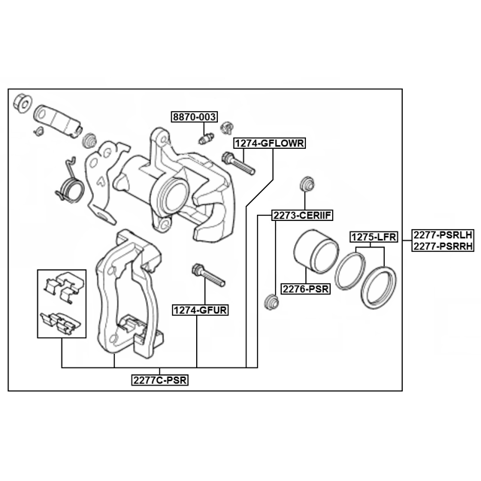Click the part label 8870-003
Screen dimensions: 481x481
[x=194, y=117]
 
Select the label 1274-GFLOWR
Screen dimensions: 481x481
[x=270, y=144]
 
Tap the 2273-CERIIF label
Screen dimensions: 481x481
[x=302, y=216]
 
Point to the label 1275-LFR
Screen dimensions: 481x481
[x=374, y=237]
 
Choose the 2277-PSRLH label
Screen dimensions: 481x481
[x=443, y=235]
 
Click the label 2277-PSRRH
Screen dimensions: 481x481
[x=443, y=246]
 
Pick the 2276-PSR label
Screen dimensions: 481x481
[x=306, y=289]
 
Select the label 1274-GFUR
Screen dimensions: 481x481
[x=201, y=310]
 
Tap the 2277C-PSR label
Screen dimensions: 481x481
[x=160, y=380]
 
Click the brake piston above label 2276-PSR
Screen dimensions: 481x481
[x=316, y=251]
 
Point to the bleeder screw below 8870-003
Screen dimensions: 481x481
[x=206, y=138]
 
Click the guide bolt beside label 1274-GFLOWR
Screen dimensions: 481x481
[x=238, y=164]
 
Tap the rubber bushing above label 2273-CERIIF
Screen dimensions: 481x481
[x=307, y=183]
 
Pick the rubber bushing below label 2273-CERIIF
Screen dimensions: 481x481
[x=271, y=302]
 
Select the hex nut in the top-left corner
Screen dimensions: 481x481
[x=23, y=103]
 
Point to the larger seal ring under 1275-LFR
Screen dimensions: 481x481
[x=378, y=288]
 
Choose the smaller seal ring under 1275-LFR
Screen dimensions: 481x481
[x=350, y=271]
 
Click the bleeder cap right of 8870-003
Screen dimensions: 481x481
[x=227, y=128]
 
